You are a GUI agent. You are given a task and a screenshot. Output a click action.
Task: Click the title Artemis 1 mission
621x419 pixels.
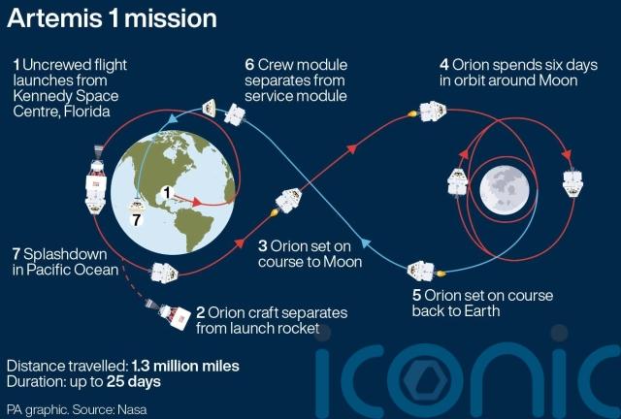click(x=113, y=19)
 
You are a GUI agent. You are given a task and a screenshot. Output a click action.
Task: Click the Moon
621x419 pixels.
click(x=505, y=190)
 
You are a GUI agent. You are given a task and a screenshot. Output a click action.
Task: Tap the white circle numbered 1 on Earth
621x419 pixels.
click(x=167, y=193)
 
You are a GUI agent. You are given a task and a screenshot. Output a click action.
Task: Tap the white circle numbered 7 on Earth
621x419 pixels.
click(x=137, y=219)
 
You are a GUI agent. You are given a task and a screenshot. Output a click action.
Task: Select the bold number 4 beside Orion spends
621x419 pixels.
click(x=444, y=65)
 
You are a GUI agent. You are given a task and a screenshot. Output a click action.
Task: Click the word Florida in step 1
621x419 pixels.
click(x=86, y=112)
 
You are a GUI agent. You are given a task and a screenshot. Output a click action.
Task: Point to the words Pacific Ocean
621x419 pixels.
click(x=72, y=270)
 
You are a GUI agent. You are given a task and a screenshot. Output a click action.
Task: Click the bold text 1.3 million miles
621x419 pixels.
click(x=185, y=366)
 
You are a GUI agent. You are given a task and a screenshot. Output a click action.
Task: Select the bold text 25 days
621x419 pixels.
click(x=134, y=382)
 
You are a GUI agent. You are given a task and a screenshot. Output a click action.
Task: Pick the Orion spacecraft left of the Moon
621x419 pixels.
click(x=457, y=182)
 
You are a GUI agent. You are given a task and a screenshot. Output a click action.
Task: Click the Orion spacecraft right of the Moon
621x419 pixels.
click(x=572, y=183)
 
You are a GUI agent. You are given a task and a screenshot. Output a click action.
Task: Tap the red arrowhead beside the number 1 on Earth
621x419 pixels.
click(x=197, y=202)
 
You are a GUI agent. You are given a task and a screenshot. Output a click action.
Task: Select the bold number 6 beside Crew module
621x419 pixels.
click(x=249, y=65)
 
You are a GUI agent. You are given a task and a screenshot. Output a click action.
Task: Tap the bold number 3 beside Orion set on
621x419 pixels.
click(x=263, y=246)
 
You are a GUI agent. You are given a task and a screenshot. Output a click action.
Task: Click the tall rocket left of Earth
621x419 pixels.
click(x=96, y=180)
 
